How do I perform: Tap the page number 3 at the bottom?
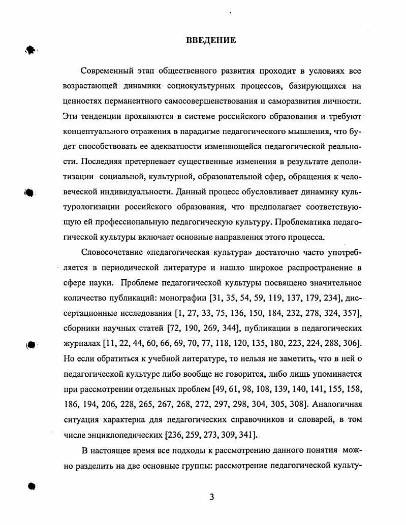(211, 497)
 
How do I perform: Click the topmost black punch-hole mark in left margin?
(30, 50)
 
